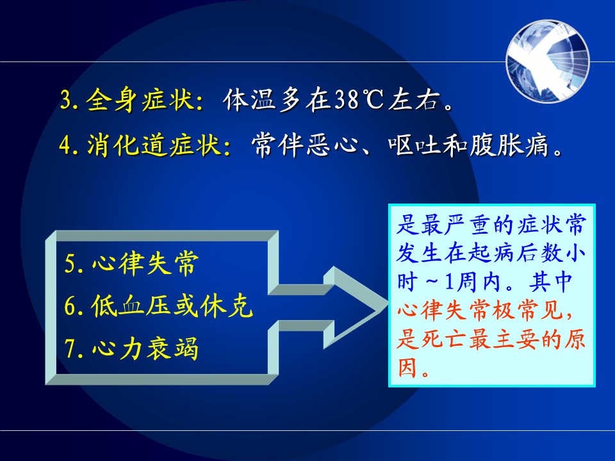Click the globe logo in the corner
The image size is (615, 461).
[548, 61]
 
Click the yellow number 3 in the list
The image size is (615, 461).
[66, 100]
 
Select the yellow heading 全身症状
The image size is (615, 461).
[140, 100]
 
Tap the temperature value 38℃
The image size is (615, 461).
[359, 100]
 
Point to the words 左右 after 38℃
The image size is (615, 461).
[413, 100]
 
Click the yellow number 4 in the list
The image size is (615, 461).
[66, 145]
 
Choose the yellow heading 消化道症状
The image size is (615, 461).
[153, 145]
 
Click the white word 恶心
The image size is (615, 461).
[332, 145]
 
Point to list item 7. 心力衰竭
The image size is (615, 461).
[131, 348]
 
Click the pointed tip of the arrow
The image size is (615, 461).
[388, 305]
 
